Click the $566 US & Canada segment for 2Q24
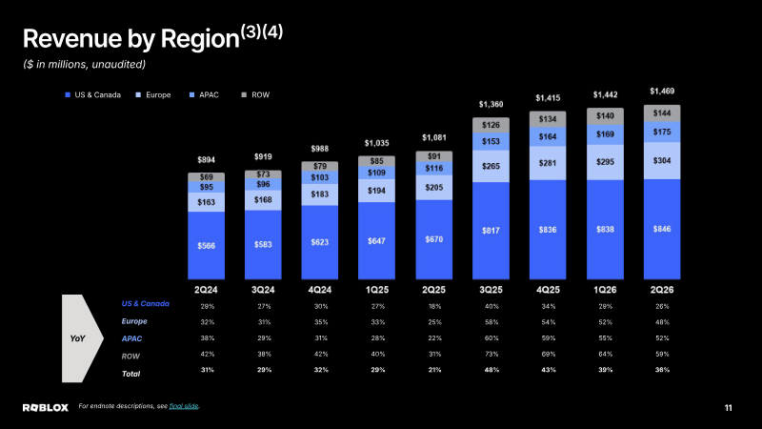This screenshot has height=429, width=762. [x=206, y=245]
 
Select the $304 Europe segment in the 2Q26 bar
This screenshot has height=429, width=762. [x=662, y=160]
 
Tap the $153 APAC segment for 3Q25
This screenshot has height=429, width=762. [x=491, y=141]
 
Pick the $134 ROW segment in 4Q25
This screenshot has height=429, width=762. [x=548, y=119]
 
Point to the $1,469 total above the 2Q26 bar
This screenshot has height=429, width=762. [x=662, y=91]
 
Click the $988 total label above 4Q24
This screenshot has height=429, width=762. [x=320, y=149]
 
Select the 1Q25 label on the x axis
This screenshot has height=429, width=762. [x=376, y=290]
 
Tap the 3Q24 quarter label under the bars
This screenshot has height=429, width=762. [x=263, y=290]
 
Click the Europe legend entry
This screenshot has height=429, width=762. [x=153, y=94]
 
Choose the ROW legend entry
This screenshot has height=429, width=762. [x=255, y=94]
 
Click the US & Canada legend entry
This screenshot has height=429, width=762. [x=92, y=94]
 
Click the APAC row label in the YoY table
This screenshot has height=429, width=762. [x=131, y=338]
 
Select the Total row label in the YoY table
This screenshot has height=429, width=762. [x=130, y=374]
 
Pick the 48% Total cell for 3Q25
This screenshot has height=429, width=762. [x=491, y=370]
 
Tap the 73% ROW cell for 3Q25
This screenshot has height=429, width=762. [x=491, y=354]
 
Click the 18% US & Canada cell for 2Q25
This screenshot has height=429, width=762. [x=434, y=306]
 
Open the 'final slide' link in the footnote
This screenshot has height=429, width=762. [x=184, y=406]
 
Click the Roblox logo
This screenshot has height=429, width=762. [x=46, y=408]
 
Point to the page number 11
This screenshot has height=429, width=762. [x=728, y=408]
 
